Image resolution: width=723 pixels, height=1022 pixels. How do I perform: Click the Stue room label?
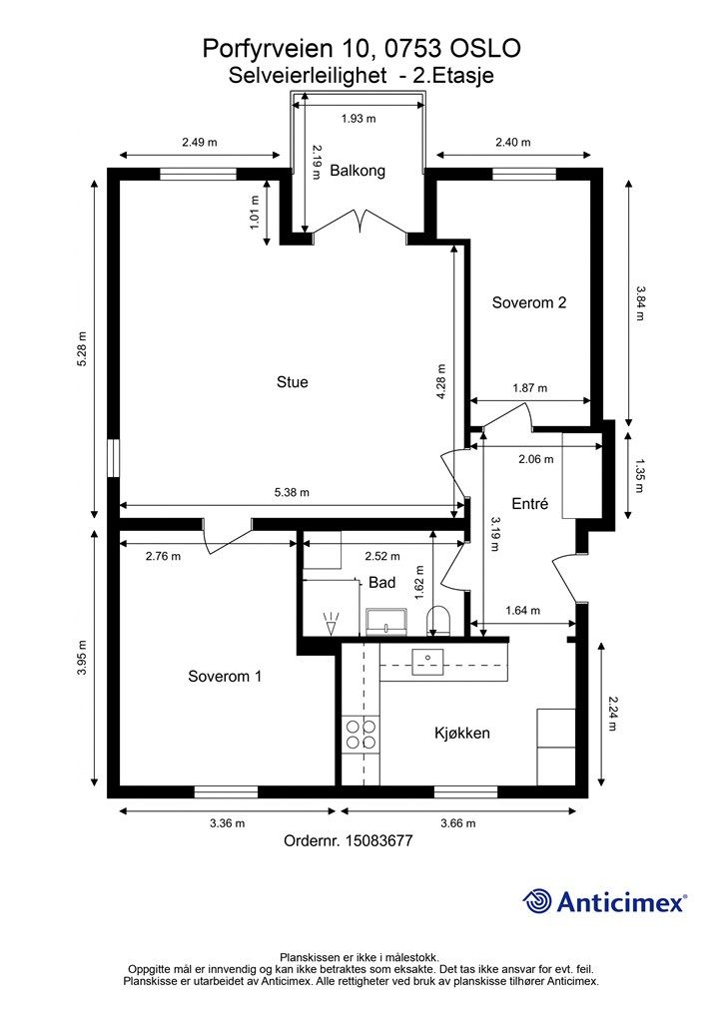(292, 382)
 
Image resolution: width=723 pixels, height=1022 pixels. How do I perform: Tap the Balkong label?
(358, 171)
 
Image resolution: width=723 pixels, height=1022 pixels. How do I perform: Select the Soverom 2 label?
(528, 302)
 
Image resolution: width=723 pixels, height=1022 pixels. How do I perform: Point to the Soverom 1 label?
(225, 677)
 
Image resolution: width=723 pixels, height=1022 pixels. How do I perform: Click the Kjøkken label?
(462, 734)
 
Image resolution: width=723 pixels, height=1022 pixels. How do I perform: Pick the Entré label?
(530, 504)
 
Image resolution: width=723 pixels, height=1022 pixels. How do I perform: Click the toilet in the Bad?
(438, 621)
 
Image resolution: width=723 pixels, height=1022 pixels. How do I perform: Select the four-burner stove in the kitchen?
(361, 734)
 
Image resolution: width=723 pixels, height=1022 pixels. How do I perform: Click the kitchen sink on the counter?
(427, 662)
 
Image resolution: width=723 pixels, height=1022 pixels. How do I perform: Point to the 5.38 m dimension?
(292, 493)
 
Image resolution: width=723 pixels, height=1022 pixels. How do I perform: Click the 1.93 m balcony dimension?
(359, 119)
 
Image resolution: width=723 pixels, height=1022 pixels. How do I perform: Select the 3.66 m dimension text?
(458, 823)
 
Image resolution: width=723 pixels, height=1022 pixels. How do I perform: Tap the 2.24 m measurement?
(612, 714)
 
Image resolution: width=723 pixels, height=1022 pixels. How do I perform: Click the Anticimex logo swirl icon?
(537, 901)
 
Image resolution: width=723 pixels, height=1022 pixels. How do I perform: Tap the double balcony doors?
(360, 221)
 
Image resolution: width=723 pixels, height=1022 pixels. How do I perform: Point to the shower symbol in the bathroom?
(332, 623)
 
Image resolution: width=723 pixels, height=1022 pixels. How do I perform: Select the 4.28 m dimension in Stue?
(441, 382)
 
